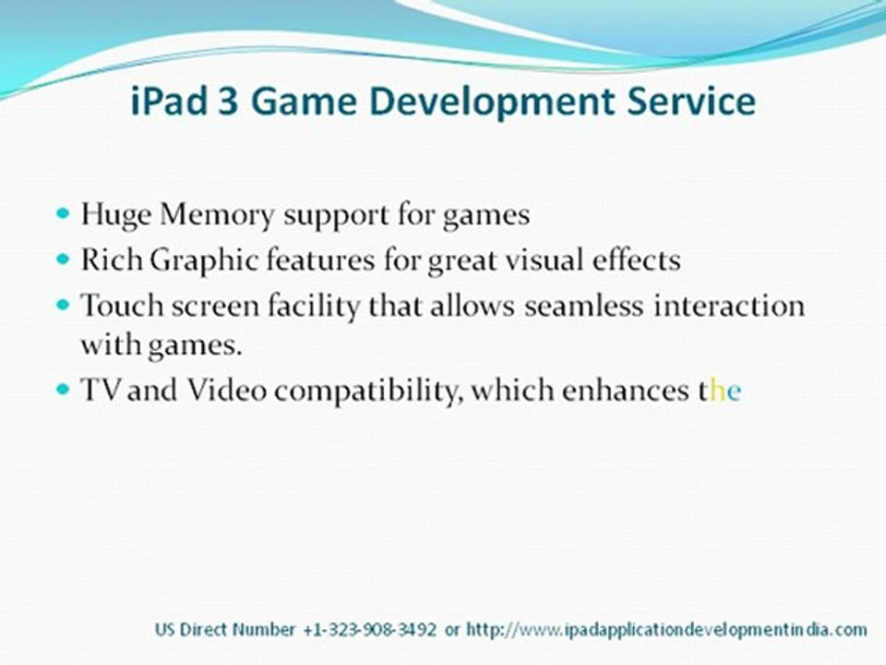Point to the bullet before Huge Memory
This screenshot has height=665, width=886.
(63, 213)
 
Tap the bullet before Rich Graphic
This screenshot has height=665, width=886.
(63, 260)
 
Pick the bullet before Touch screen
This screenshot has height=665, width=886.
(63, 303)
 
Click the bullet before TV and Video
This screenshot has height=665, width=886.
(63, 389)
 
